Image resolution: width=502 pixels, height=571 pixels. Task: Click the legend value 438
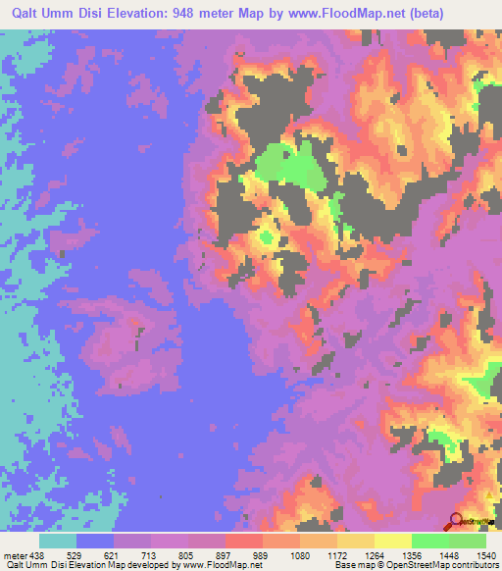[30, 554]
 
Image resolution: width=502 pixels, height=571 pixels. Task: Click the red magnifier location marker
[456, 520]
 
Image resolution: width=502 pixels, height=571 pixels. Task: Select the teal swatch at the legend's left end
[58, 541]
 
